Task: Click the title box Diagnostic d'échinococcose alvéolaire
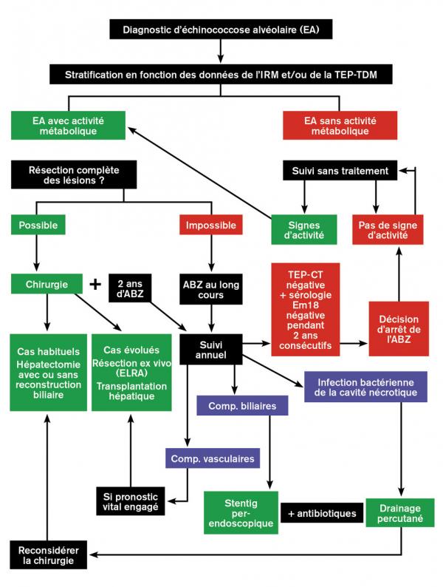tap(221, 30)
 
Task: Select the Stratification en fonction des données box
tap(221, 74)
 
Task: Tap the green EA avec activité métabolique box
tap(67, 125)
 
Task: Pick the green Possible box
tap(38, 224)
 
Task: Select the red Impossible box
tap(213, 224)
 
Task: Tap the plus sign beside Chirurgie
tap(94, 285)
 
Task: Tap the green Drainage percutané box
tap(400, 512)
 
